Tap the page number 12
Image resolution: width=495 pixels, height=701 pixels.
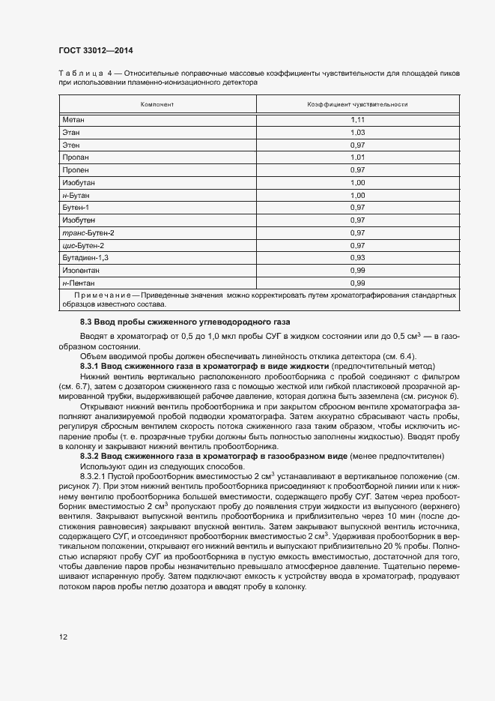click(63, 637)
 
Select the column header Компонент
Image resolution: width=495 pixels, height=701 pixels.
click(157, 104)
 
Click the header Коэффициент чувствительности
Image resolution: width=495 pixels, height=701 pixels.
click(357, 104)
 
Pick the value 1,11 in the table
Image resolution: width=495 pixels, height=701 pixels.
click(357, 120)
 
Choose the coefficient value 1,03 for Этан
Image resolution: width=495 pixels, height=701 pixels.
click(357, 133)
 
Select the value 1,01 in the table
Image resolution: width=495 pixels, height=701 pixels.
click(357, 157)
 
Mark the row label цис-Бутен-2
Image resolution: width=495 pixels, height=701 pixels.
click(83, 245)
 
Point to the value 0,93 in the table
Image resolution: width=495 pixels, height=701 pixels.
click(357, 257)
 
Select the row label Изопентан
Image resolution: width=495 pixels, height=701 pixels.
click(80, 270)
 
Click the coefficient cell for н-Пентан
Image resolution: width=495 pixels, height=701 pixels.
click(357, 283)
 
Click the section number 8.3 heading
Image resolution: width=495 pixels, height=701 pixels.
click(86, 321)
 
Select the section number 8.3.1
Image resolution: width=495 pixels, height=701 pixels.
click(90, 364)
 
